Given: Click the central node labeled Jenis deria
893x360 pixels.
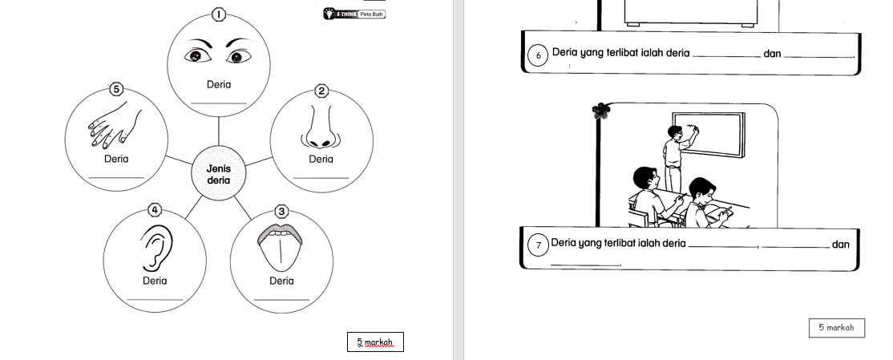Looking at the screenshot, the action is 219,174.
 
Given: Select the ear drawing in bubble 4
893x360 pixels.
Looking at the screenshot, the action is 156,247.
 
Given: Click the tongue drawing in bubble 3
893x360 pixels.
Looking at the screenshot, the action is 280,247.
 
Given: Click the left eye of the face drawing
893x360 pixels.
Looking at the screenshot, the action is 197,56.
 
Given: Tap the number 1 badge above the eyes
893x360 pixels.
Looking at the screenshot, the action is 219,14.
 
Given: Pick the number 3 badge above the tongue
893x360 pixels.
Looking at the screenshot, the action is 282,212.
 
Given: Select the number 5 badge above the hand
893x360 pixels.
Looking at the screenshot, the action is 116,90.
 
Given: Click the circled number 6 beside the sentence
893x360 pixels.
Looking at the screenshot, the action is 538,56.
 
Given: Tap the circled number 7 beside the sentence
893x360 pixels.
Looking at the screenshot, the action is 538,245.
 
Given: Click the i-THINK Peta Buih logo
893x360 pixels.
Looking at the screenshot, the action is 354,14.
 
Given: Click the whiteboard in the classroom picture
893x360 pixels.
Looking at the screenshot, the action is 709,135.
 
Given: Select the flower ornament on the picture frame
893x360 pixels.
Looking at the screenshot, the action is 600,111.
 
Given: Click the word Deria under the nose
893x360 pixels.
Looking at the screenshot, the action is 321,160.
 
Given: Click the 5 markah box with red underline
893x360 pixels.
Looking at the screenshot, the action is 375,342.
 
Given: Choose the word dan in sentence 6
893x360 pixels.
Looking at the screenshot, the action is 772,54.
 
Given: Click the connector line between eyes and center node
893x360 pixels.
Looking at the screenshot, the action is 219,131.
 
